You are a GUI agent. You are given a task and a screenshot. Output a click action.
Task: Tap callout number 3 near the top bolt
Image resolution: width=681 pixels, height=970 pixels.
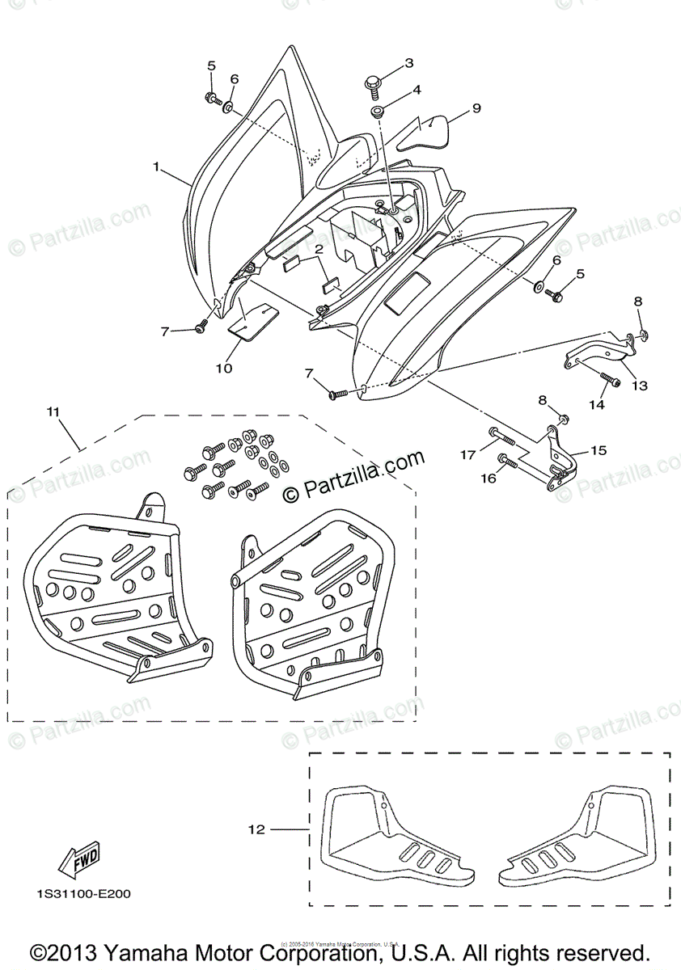(408, 63)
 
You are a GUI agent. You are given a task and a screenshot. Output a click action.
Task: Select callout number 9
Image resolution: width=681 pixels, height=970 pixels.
(476, 108)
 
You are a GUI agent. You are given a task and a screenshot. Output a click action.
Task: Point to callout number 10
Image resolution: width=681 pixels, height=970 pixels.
(223, 368)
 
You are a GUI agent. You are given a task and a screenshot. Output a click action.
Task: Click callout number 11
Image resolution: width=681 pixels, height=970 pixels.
(53, 412)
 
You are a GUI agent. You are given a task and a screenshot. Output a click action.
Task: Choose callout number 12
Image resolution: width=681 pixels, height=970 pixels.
(258, 829)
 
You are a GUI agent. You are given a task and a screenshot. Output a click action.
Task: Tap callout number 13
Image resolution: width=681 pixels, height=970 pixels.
(639, 386)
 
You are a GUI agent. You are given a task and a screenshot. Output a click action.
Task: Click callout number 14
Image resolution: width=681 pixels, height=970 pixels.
(596, 404)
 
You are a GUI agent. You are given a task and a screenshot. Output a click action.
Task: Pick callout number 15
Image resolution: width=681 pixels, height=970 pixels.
(599, 450)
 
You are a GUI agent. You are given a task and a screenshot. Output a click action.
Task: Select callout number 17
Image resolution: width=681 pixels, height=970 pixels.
(467, 456)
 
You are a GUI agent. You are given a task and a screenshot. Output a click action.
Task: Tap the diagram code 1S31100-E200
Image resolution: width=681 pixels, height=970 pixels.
(83, 895)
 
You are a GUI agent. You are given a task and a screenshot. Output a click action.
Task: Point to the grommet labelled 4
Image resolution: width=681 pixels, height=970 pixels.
(378, 110)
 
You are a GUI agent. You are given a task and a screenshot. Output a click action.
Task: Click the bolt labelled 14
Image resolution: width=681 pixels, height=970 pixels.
(608, 377)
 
